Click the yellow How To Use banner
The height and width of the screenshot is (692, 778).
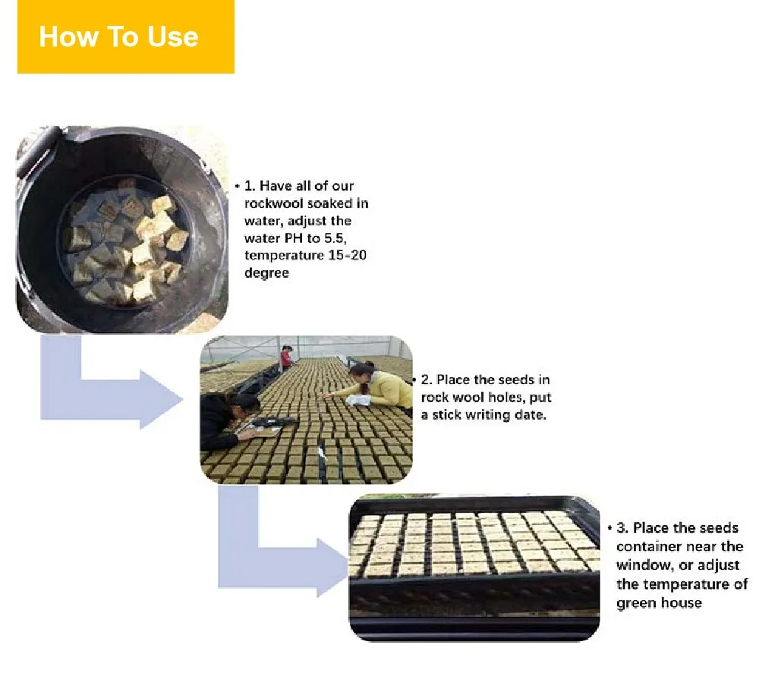click(x=125, y=36)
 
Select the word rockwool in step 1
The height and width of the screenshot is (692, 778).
click(x=273, y=203)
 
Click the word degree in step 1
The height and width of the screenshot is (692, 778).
click(x=266, y=273)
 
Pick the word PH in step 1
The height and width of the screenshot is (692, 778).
click(x=293, y=238)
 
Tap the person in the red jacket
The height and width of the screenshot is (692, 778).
click(x=287, y=357)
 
